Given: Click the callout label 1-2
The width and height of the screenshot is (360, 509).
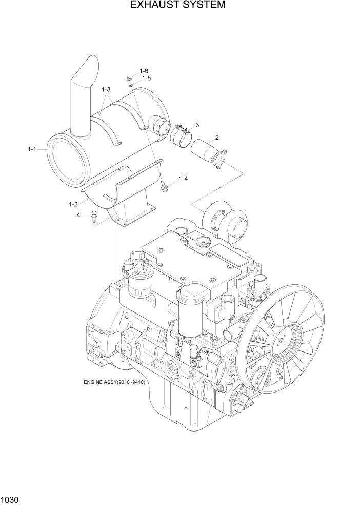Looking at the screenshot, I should tap(73, 204).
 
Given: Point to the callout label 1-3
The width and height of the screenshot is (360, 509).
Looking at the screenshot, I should tap(106, 90).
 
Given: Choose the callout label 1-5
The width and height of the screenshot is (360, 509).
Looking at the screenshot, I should tap(146, 79).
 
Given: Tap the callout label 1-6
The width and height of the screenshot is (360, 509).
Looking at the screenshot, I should tap(144, 71).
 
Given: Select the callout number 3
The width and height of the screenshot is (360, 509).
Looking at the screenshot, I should tap(197, 125).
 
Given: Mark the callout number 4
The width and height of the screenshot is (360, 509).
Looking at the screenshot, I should tap(78, 215).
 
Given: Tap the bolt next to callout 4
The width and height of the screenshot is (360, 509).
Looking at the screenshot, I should tap(94, 217).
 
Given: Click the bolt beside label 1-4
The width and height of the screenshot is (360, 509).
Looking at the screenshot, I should tap(165, 186).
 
